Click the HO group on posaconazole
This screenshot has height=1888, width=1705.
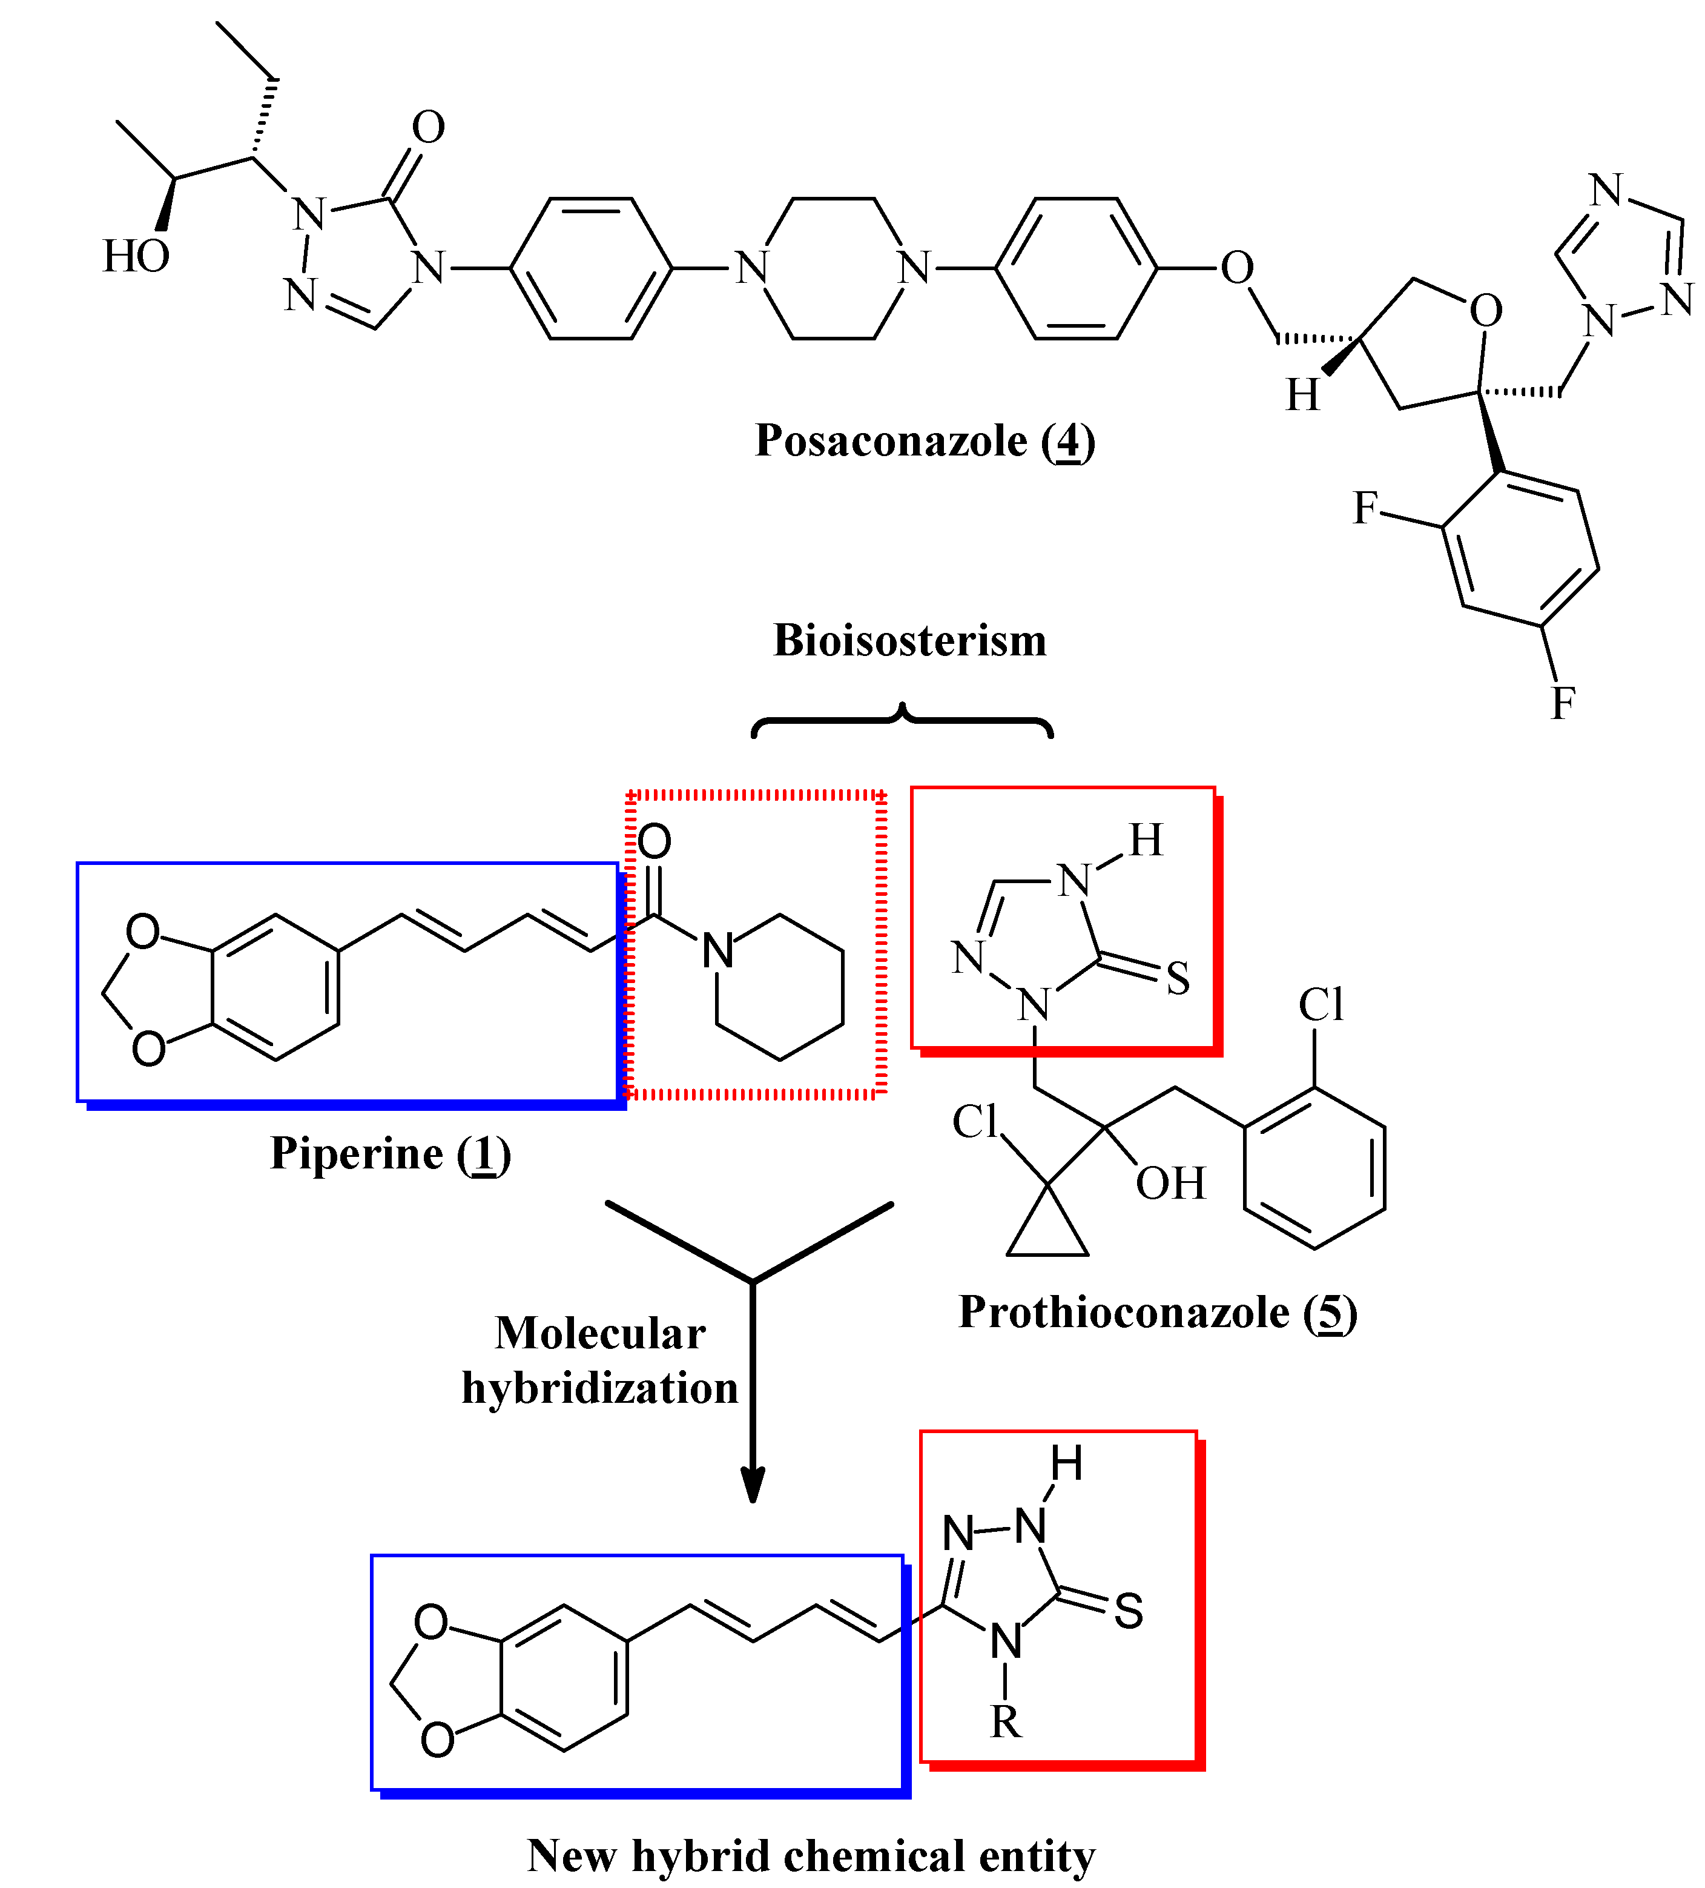tap(136, 256)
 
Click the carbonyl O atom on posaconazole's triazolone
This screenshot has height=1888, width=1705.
tap(428, 127)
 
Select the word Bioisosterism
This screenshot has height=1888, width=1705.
tap(909, 641)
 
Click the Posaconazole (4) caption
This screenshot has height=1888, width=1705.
tap(924, 440)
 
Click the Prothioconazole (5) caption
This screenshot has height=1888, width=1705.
tap(1157, 1312)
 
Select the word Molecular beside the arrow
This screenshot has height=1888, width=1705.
tap(600, 1334)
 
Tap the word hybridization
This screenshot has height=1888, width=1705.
tap(600, 1388)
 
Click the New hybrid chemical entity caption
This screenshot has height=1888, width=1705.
tap(811, 1855)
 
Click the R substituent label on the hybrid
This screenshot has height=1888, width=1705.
tap(1006, 1721)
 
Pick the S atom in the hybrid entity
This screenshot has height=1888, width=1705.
tap(1128, 1611)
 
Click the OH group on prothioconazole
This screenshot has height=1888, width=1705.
tap(1170, 1184)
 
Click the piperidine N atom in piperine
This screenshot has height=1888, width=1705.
tap(717, 950)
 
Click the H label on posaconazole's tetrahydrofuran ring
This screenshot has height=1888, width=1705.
tap(1302, 395)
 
